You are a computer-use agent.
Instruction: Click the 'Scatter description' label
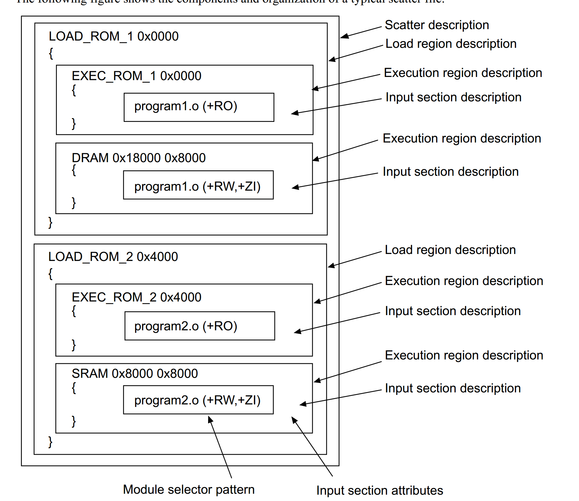437,25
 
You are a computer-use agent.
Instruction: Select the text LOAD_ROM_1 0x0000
114,36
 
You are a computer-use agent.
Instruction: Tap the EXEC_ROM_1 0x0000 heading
136,76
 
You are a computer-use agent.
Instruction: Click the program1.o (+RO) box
199,107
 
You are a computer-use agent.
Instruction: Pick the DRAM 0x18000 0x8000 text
139,158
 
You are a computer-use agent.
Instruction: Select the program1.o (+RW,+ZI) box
198,185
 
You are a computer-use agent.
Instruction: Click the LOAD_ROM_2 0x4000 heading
113,257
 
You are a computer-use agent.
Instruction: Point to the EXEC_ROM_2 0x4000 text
136,297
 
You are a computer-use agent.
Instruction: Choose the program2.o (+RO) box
200,326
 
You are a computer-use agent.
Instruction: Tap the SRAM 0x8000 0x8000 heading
135,373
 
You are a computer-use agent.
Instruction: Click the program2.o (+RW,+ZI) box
198,400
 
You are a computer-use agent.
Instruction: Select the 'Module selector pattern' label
189,490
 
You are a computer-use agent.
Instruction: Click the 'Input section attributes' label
379,491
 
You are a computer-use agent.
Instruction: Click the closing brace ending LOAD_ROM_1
50,222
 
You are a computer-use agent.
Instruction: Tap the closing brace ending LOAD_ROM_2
50,441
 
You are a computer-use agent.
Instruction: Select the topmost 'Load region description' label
451,44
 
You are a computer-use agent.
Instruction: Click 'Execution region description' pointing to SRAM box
464,355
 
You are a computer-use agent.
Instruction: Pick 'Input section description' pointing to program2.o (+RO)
453,311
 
